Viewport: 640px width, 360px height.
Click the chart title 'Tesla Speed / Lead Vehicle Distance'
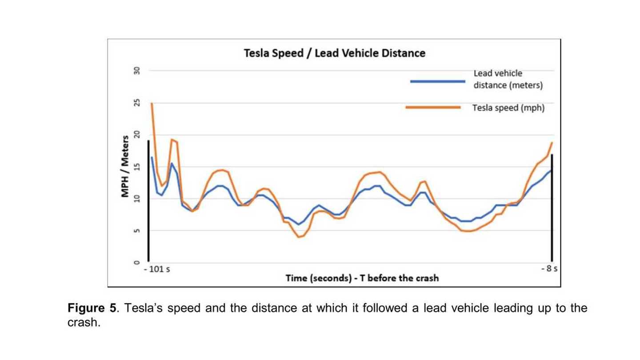point(334,53)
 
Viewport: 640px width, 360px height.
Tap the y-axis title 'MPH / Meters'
point(125,166)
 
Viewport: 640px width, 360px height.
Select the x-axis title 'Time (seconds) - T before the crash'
point(362,278)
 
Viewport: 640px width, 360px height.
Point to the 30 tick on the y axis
point(137,71)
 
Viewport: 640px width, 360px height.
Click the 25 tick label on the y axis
point(137,103)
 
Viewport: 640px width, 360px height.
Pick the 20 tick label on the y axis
point(137,135)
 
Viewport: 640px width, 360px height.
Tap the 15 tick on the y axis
point(137,167)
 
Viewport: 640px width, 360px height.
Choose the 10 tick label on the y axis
point(137,199)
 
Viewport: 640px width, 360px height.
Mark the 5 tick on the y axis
point(137,231)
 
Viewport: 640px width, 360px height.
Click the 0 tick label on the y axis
point(137,263)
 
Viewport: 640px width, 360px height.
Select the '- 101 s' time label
point(156,270)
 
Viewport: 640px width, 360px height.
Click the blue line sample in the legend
point(437,81)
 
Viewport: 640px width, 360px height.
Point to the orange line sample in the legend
point(433,107)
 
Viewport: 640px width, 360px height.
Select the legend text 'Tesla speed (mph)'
point(508,108)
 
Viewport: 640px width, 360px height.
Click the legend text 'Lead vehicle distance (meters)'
point(508,79)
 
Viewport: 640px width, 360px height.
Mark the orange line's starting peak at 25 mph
point(152,103)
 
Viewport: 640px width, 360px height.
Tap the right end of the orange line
point(552,143)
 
